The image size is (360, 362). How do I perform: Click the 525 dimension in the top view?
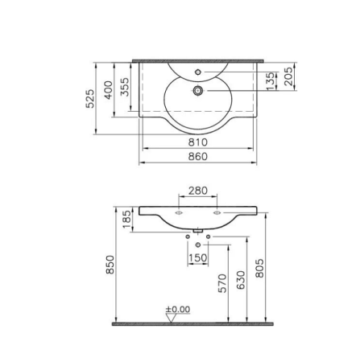(x=91, y=97)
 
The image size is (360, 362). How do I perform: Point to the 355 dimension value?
(x=125, y=87)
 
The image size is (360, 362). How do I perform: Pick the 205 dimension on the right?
(x=288, y=77)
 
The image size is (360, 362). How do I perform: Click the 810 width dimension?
(x=198, y=142)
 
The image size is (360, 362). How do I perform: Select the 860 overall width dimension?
(x=198, y=156)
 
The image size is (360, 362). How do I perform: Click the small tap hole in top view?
(x=198, y=73)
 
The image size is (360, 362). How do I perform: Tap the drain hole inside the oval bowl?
(x=197, y=91)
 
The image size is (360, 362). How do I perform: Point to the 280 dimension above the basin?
(x=198, y=191)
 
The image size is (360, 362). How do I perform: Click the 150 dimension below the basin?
(x=198, y=257)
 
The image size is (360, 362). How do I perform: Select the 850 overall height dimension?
(x=110, y=265)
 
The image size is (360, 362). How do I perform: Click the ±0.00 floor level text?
(x=177, y=308)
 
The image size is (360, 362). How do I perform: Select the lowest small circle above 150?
(x=198, y=244)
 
